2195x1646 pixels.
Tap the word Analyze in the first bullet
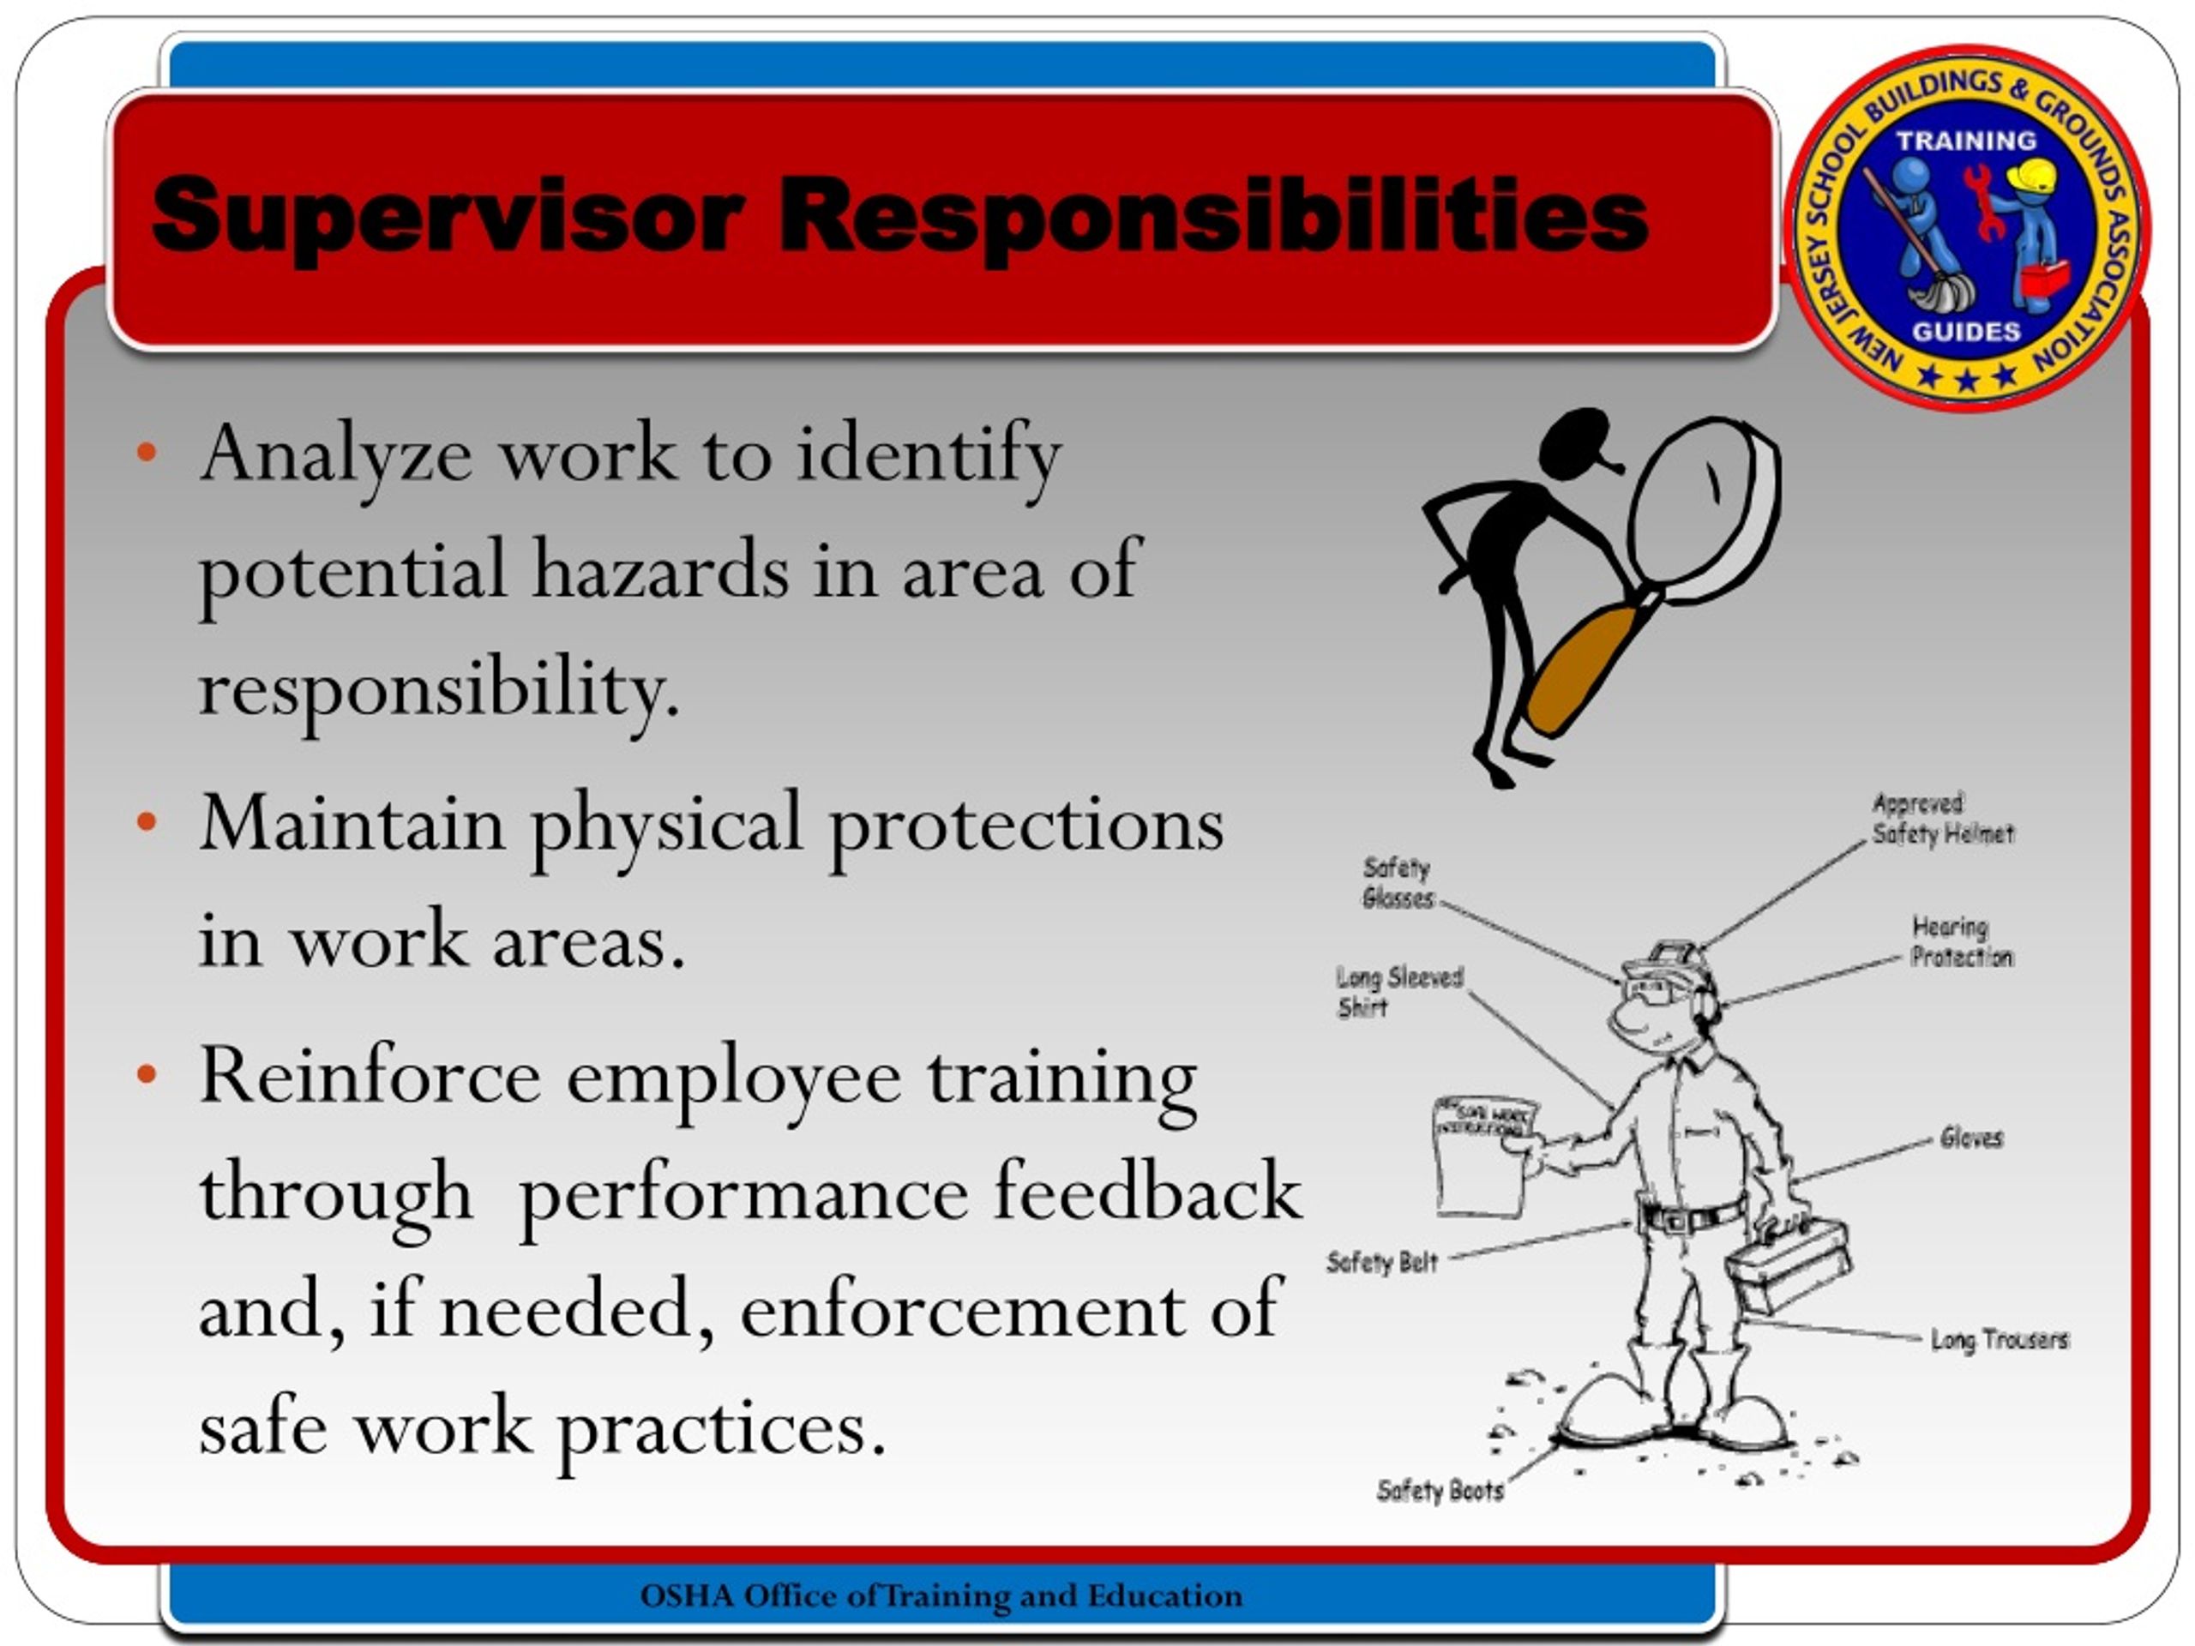pos(335,454)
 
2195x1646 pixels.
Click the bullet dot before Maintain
pos(147,822)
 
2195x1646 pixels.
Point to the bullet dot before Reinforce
pos(147,1074)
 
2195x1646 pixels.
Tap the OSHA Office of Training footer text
pos(941,1595)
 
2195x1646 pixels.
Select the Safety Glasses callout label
pos(1398,883)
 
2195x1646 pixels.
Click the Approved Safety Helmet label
pos(1942,819)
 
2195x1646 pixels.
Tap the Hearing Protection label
pos(1961,941)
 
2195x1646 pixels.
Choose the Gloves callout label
pos(1970,1138)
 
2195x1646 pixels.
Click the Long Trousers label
pos(1999,1339)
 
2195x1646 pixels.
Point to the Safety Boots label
pos(1440,1490)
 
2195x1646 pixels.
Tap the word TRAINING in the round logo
pos(1966,141)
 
